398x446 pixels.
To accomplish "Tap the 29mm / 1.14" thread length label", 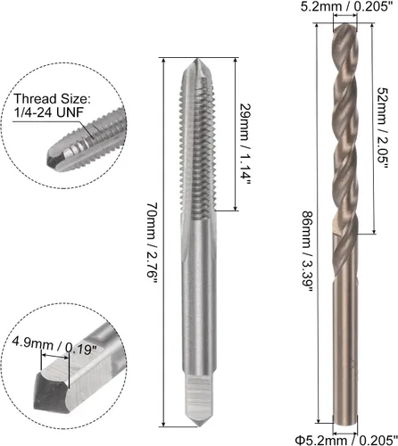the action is pos(245,145).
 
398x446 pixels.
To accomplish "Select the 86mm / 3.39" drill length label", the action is pos(308,252).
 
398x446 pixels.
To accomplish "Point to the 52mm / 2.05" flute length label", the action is pos(383,128).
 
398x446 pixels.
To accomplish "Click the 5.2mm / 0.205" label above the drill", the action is pos(346,6).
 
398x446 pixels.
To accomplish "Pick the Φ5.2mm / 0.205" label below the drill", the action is pos(346,440).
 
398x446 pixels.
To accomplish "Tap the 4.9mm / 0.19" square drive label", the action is pos(54,345).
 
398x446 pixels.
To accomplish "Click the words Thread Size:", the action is pos(52,99).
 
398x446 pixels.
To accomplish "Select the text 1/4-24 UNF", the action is pos(48,112).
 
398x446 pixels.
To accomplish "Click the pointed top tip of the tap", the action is pos(195,59).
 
